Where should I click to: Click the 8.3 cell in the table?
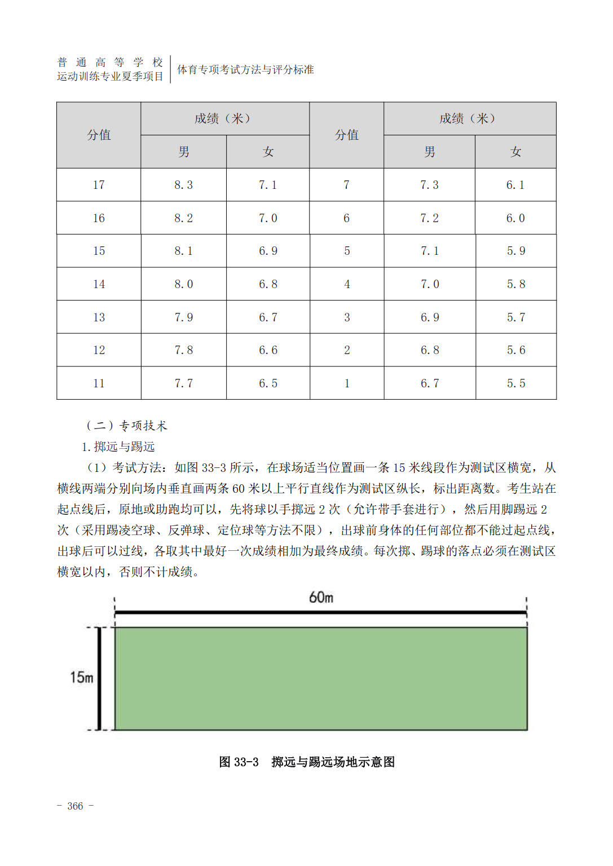coord(183,185)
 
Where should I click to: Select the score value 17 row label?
coord(99,185)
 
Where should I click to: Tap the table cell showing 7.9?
coord(183,317)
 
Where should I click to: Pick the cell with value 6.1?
coord(515,185)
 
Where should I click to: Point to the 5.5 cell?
coord(515,383)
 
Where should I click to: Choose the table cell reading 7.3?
coord(429,185)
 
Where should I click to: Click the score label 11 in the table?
coord(99,383)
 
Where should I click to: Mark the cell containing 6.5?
coord(268,383)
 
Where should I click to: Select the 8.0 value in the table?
coord(183,284)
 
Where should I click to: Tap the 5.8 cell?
coord(515,284)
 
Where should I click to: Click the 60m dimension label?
coord(321,597)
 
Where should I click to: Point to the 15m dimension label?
coord(81,677)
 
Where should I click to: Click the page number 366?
coord(75,806)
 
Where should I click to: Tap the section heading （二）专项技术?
coord(126,426)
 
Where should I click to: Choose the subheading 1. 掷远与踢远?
coord(118,447)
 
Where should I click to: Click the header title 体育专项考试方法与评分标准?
coord(245,70)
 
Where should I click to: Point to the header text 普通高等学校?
coord(110,62)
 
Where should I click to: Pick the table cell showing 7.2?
coord(429,218)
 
